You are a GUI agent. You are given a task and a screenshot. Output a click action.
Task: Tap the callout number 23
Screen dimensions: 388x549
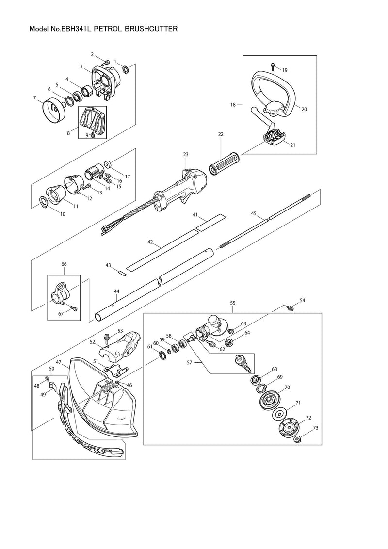pyautogui.click(x=186, y=154)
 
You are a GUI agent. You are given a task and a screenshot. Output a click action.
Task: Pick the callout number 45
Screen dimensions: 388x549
pyautogui.click(x=254, y=213)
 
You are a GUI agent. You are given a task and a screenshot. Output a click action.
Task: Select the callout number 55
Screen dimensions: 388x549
pyautogui.click(x=232, y=303)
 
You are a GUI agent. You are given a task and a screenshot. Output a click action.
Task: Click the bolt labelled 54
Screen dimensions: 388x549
pyautogui.click(x=290, y=308)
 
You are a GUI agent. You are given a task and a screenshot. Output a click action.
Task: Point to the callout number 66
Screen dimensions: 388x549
pyautogui.click(x=64, y=264)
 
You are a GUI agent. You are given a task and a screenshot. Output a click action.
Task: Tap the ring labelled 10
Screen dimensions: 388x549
pyautogui.click(x=44, y=202)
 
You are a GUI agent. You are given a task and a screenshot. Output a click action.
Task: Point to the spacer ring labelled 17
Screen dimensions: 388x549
pyautogui.click(x=108, y=164)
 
